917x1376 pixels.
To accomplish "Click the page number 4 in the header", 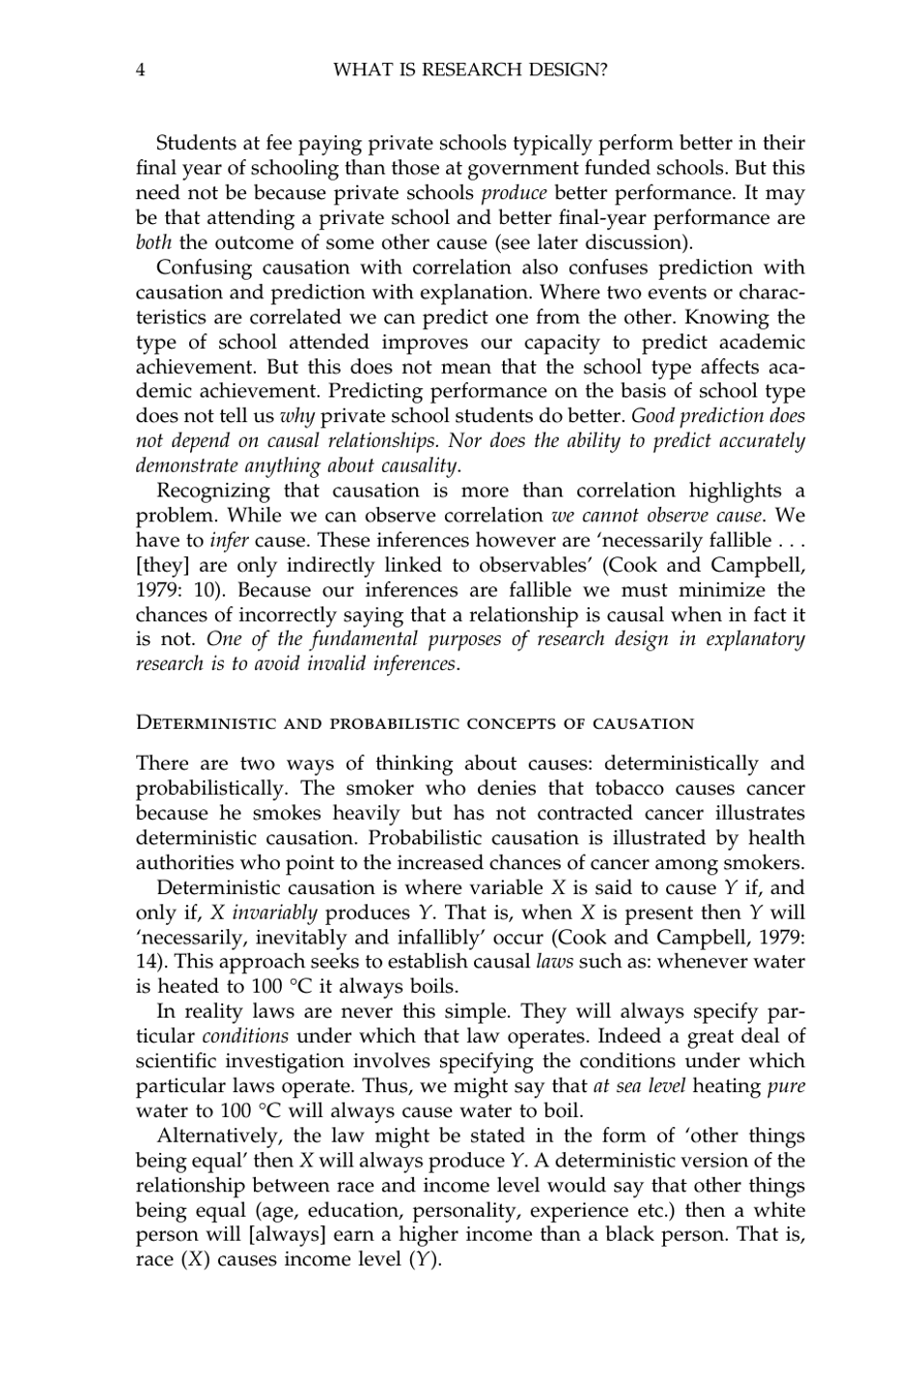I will pos(141,70).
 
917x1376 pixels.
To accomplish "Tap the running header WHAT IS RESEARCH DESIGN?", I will pos(469,70).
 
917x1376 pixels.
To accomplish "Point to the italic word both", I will pos(153,242).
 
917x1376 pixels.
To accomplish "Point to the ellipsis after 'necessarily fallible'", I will pos(792,541).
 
